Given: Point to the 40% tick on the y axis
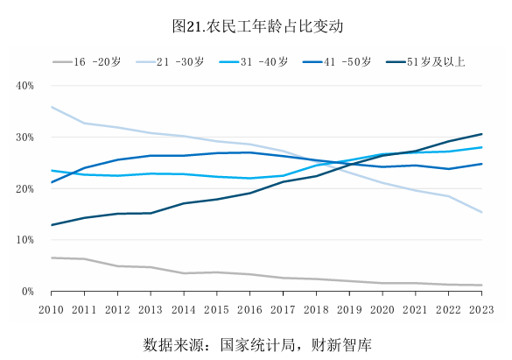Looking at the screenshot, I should coord(25,86).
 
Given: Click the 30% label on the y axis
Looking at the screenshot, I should coord(25,138).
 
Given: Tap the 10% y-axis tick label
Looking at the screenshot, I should coord(25,240).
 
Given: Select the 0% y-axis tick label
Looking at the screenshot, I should coord(27,292).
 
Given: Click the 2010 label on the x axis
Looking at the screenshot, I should coord(52,308).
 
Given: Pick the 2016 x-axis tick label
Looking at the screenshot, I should coord(249,308).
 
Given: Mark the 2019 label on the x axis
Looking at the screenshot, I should coord(349,308).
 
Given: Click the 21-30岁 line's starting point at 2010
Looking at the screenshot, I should coord(52,107).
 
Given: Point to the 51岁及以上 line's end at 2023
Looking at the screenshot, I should coord(481,134).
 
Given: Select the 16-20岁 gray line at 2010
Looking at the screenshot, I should coord(52,258).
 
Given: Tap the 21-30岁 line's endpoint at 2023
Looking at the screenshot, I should coord(481,212).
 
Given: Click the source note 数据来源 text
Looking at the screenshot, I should coord(256,344).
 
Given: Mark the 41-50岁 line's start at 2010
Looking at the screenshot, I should coord(52,182).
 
